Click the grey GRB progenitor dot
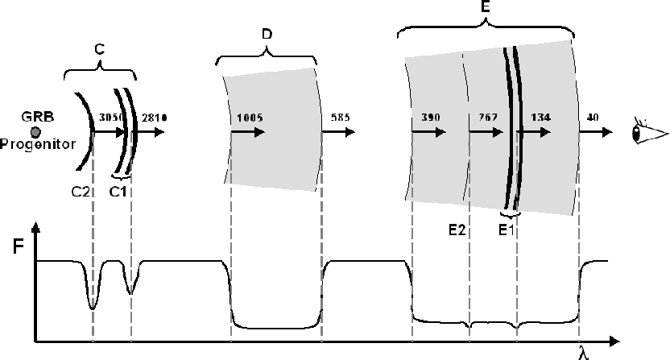click(35, 132)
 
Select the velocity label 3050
click(111, 118)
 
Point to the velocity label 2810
click(155, 118)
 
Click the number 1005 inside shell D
click(250, 118)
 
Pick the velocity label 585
click(340, 117)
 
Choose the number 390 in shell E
click(431, 117)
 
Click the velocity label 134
click(540, 117)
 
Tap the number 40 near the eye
click(593, 117)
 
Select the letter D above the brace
click(267, 34)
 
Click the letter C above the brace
click(99, 50)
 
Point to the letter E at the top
click(485, 6)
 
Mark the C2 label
click(81, 192)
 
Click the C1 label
click(118, 192)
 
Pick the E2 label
click(457, 230)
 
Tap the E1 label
click(507, 230)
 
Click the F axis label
click(18, 246)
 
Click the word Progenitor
click(38, 144)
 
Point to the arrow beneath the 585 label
click(338, 132)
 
